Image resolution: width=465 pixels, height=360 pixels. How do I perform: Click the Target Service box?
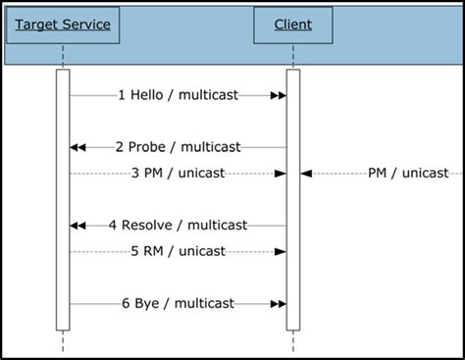(x=63, y=24)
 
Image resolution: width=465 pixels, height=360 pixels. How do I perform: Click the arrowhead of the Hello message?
(x=278, y=95)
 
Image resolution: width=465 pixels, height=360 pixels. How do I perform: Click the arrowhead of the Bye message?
(x=278, y=304)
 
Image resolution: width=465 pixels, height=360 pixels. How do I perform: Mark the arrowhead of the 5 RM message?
(x=281, y=251)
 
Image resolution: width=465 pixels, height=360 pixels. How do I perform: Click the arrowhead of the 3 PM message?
(x=281, y=174)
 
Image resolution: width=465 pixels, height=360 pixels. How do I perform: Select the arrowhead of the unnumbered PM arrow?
(x=305, y=174)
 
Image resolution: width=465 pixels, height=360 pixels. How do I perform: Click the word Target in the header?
(x=38, y=24)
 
